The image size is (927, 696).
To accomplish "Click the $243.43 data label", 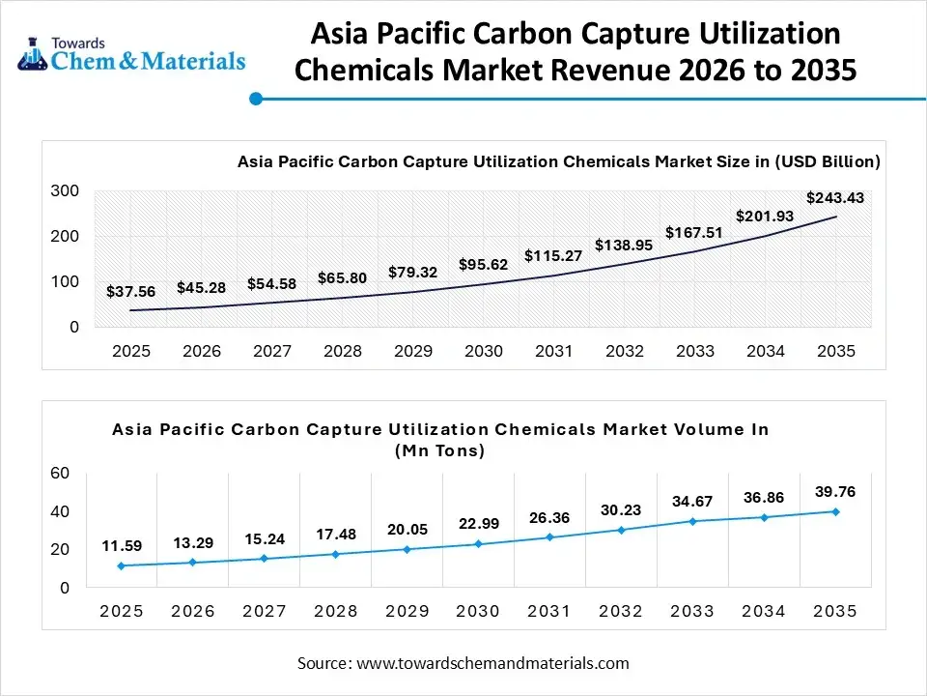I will click(x=835, y=197).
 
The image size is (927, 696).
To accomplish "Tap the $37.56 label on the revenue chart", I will click(x=131, y=290).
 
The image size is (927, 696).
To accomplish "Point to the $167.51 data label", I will click(x=694, y=232).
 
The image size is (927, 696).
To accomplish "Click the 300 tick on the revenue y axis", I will click(x=66, y=191).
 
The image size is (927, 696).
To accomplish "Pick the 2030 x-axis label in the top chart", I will click(x=483, y=351).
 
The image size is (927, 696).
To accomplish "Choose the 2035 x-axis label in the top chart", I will click(x=835, y=351).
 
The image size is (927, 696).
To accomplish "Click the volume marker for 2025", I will click(x=122, y=565).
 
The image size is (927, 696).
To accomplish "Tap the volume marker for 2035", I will click(x=835, y=511).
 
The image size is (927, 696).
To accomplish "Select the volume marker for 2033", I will click(x=692, y=521).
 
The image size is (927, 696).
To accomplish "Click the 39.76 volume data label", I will click(x=835, y=491).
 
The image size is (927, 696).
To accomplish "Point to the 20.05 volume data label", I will click(x=407, y=529).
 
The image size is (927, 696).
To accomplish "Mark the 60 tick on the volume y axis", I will click(x=60, y=473).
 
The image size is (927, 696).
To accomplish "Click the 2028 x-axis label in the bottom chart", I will click(x=336, y=611).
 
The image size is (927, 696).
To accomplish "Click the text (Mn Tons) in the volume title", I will click(x=440, y=450).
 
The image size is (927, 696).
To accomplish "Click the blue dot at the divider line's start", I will click(x=256, y=99).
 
